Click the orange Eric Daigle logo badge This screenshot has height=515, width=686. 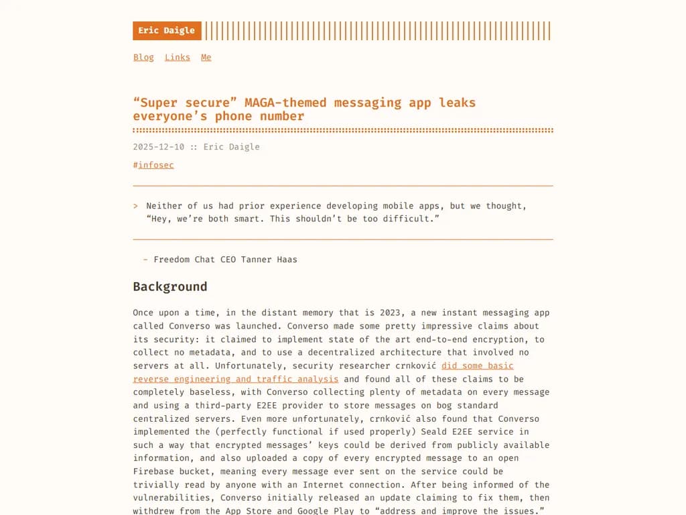(167, 31)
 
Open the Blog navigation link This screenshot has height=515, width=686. (143, 58)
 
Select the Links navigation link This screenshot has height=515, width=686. (178, 58)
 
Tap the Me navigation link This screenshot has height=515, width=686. (206, 58)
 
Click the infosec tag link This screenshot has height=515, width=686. (156, 165)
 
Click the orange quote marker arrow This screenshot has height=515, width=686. (135, 206)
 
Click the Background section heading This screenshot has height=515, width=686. (170, 287)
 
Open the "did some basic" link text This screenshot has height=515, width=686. (478, 365)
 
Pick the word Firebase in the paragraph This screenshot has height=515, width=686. (153, 471)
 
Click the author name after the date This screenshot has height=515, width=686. (231, 147)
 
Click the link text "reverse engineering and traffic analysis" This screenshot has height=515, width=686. (236, 379)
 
